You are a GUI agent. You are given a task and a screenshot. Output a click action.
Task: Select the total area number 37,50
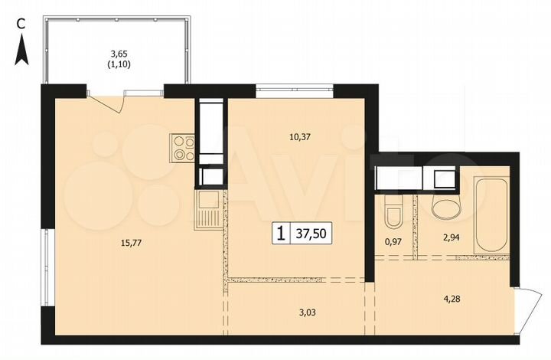click(315, 234)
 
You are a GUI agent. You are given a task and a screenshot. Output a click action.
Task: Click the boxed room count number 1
click(282, 234)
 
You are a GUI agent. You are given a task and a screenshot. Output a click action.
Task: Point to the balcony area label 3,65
click(118, 53)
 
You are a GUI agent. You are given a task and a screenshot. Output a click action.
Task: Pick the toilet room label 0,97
click(393, 242)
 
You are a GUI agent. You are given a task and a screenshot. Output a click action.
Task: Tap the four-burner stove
click(181, 146)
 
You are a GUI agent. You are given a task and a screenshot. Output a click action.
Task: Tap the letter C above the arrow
click(22, 24)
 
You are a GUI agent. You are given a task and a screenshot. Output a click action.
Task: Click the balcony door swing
click(107, 101)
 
